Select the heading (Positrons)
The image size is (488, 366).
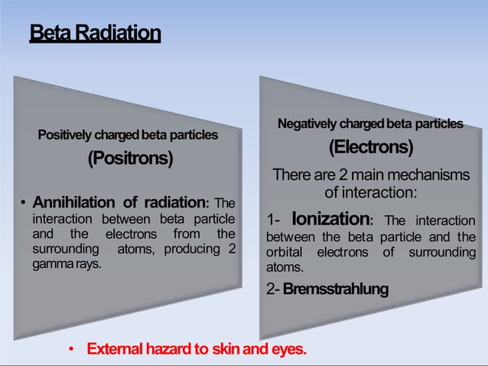coord(129,158)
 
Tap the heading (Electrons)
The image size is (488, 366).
coord(371,145)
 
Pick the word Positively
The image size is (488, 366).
coord(66,135)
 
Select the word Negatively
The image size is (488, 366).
coord(307,123)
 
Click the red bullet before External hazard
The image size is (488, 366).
coord(72,351)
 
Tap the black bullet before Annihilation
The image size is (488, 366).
coord(24,204)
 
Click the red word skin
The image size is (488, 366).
coord(229,350)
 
